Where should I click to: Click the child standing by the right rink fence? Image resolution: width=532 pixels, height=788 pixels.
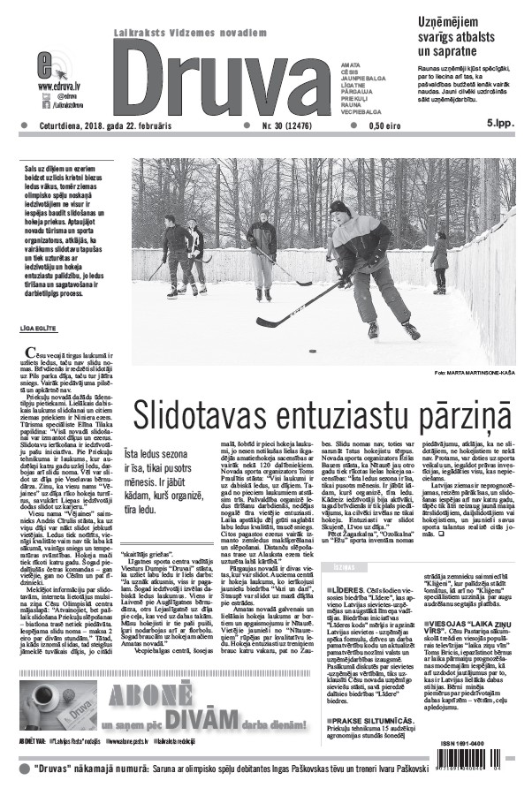coord(439,263)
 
